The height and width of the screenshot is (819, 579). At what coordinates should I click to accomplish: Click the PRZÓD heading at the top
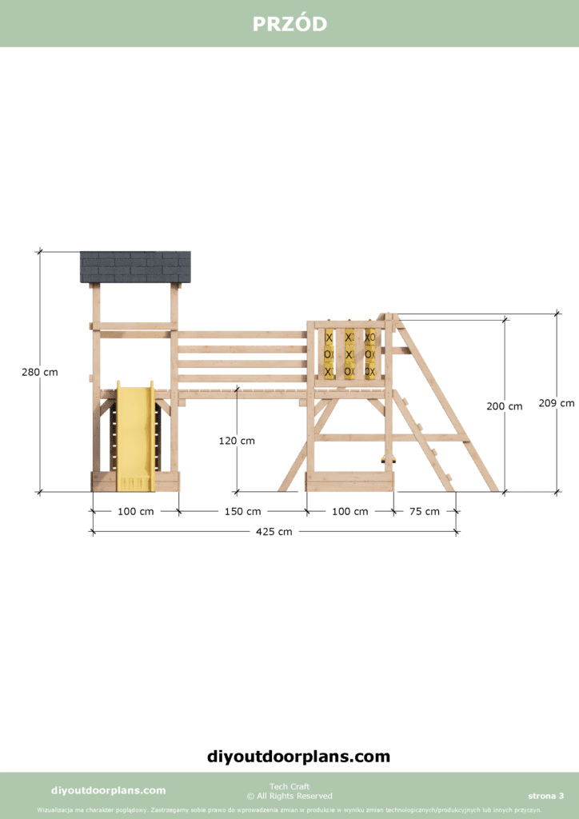click(x=289, y=24)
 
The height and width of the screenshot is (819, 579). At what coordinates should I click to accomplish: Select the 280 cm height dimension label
click(x=40, y=373)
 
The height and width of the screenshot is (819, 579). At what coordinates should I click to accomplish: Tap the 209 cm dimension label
click(x=557, y=403)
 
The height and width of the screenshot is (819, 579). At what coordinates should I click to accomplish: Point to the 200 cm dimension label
click(x=505, y=406)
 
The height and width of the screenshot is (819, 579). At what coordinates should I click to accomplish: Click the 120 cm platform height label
click(x=237, y=441)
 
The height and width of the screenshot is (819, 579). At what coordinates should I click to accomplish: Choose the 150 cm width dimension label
click(x=243, y=511)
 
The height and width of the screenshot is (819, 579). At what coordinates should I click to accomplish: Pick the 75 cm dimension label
click(x=425, y=511)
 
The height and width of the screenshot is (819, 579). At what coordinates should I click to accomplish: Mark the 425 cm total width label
click(x=274, y=532)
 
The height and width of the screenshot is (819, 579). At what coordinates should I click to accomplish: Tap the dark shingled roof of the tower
click(x=135, y=267)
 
